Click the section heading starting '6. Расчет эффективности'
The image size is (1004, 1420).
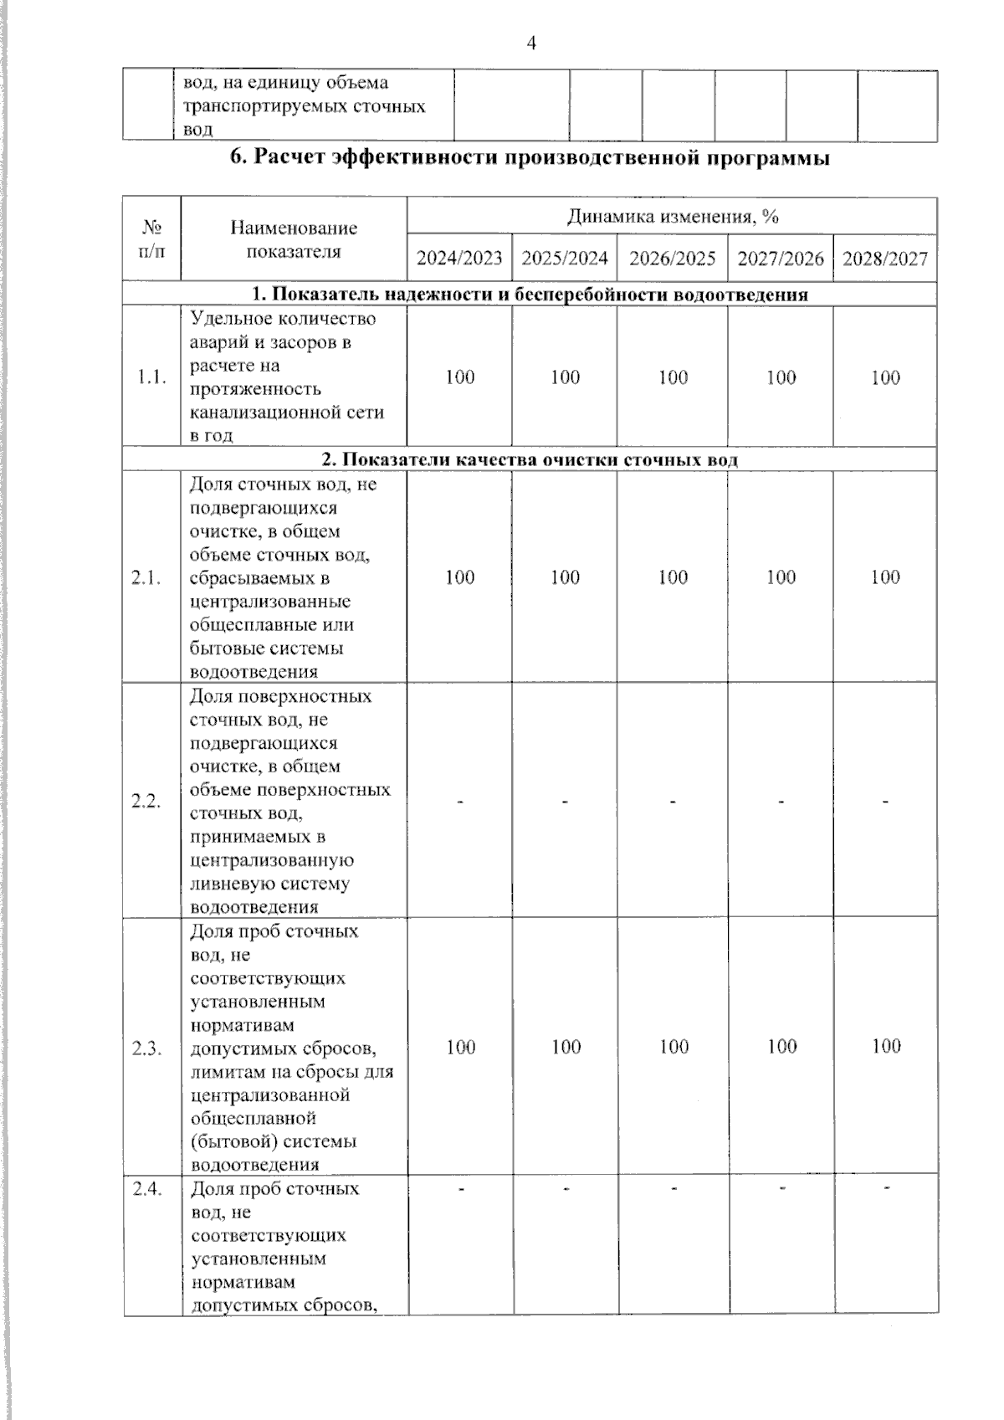click(530, 158)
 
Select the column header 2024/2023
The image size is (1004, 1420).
click(459, 258)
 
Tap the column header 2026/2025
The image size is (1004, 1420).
click(672, 258)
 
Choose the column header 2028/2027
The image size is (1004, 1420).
click(884, 258)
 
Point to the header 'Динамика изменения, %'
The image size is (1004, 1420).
click(672, 217)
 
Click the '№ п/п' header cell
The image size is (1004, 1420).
click(151, 238)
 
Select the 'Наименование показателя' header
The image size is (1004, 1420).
click(294, 239)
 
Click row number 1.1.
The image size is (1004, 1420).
click(151, 377)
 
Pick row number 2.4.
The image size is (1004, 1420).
click(146, 1188)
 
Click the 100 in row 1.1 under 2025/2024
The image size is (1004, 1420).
click(565, 377)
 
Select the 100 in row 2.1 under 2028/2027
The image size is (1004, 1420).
click(884, 577)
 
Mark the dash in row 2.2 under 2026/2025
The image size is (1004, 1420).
click(672, 802)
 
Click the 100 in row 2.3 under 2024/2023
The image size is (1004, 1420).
click(460, 1047)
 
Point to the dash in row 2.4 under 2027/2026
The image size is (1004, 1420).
click(780, 1187)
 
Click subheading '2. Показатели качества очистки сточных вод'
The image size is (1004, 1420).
click(530, 460)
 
